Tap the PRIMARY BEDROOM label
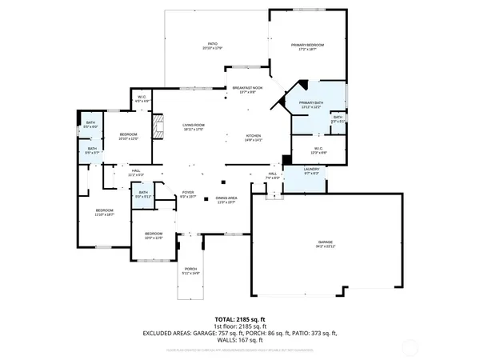point(308,46)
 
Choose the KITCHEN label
point(254,138)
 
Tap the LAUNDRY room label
point(313,170)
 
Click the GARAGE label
point(326,243)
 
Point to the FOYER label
point(188,193)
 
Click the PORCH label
point(190,270)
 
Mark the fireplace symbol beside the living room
point(158,126)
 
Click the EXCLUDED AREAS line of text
point(240,333)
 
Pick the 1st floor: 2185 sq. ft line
point(240,326)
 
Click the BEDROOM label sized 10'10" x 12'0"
point(129,135)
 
